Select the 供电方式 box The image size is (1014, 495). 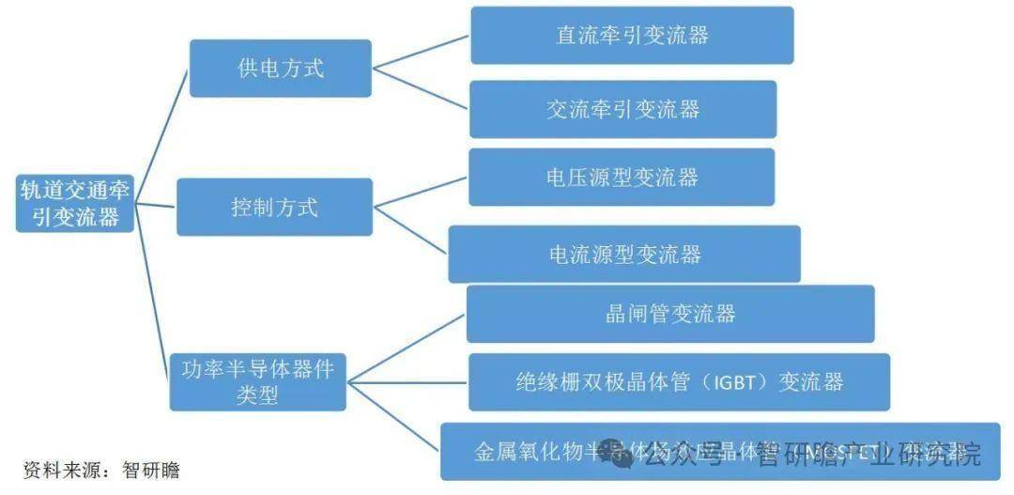(x=280, y=69)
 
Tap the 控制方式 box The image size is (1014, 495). (x=274, y=208)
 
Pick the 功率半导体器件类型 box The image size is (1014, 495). (x=257, y=381)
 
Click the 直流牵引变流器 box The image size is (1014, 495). (x=631, y=36)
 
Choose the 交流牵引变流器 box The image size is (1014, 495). (x=622, y=109)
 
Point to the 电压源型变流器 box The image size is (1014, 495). (x=621, y=177)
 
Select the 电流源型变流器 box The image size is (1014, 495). (x=623, y=254)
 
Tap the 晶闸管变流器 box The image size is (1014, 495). (x=669, y=314)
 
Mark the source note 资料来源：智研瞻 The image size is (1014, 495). (x=100, y=470)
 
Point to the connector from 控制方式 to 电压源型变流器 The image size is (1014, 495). (x=421, y=191)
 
